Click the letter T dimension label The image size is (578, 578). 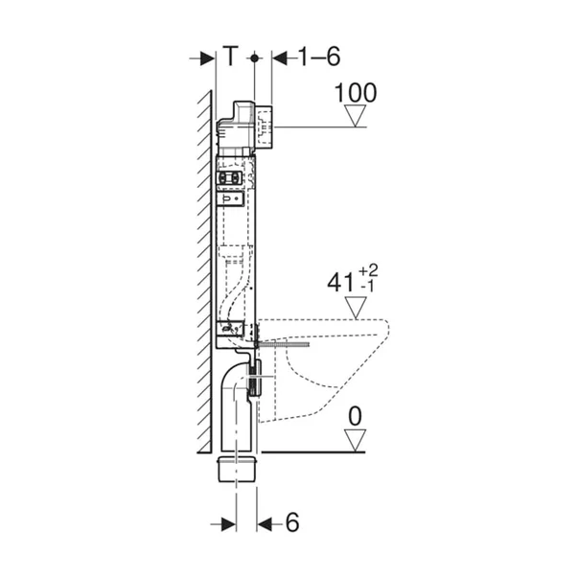coord(232,58)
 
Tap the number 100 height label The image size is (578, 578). coord(356,93)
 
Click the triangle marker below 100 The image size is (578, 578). coord(357,117)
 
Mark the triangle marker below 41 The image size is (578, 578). coord(357,309)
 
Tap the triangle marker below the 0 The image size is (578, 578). coord(357,440)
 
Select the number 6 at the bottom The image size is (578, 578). coord(293,524)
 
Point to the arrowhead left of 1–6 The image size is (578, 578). coord(280,58)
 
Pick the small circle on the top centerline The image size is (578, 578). coord(254,58)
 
